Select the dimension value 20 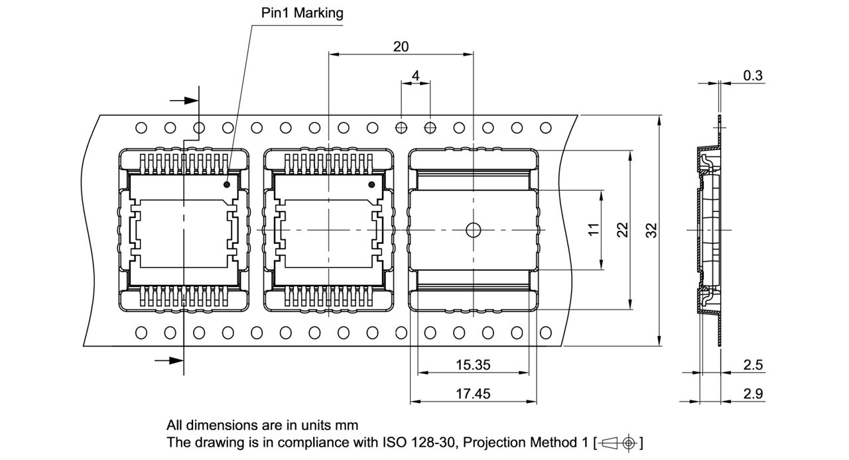pos(401,46)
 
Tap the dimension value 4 pos(416,76)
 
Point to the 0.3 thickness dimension pos(752,76)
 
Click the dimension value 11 pos(594,229)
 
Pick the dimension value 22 pos(622,229)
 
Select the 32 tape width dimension pos(651,229)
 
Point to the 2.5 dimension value pos(752,365)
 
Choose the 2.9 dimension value pos(752,394)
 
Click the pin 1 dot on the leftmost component pos(227,185)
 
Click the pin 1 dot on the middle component pos(371,185)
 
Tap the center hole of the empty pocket pos(473,229)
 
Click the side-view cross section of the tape pos(708,229)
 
